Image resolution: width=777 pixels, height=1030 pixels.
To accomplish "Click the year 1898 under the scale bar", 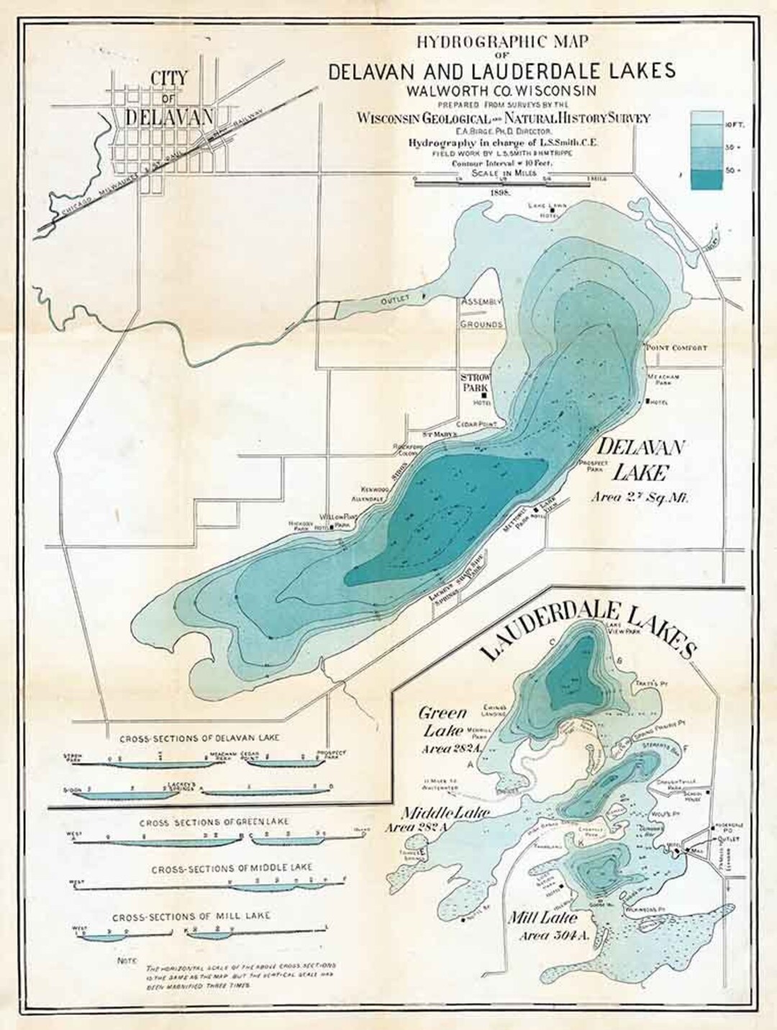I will (x=499, y=193).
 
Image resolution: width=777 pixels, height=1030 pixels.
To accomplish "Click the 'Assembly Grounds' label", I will (x=482, y=313).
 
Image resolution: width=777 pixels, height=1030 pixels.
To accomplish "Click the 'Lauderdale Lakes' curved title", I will (x=586, y=628).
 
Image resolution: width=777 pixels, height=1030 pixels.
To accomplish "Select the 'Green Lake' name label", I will (x=442, y=722).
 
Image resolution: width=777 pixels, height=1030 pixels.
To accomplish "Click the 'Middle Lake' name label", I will (x=445, y=812).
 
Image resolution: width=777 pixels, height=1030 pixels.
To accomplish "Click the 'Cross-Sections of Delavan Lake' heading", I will (x=199, y=738).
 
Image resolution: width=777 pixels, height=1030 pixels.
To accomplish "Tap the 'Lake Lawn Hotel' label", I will (x=548, y=210).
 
